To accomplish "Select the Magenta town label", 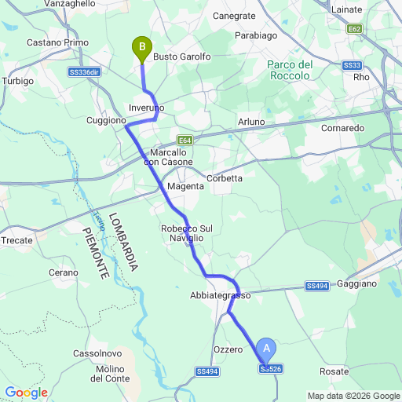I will click(185, 186).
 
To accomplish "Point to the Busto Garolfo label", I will click(181, 57).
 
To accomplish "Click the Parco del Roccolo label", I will click(291, 70).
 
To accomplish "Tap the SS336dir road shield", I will click(83, 71).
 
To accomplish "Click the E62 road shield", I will click(355, 29).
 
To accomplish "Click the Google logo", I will click(25, 393).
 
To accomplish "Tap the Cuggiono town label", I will click(106, 121).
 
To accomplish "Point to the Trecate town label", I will click(17, 240).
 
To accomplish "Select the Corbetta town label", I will click(225, 178).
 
